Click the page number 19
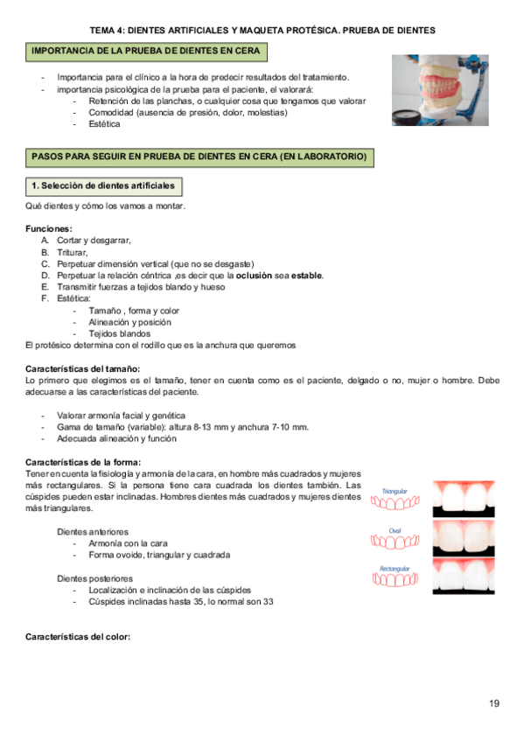point(494,703)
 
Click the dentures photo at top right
point(440,91)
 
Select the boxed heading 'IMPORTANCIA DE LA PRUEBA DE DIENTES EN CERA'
point(145,52)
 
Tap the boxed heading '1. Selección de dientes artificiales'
point(103,186)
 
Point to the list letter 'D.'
point(45,276)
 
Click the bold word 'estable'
point(306,276)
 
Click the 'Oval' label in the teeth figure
point(395,530)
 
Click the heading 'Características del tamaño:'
point(83,368)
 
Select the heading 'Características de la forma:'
point(83,462)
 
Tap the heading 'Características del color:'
point(78,636)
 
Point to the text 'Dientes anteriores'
point(93,531)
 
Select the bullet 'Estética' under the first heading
point(104,124)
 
